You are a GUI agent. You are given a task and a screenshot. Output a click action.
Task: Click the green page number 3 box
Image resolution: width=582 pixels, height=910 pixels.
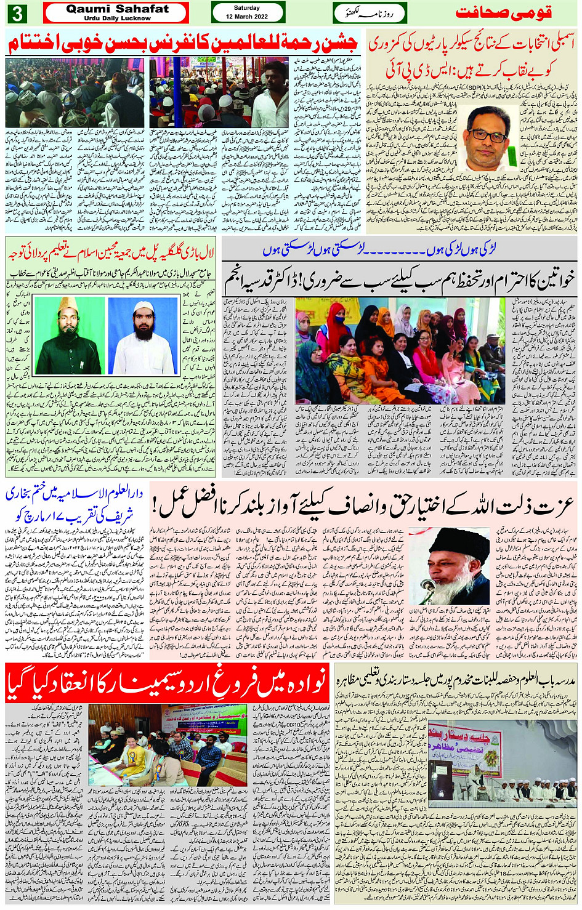(17, 13)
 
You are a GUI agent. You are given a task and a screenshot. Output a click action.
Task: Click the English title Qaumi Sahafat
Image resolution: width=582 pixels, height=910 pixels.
(117, 9)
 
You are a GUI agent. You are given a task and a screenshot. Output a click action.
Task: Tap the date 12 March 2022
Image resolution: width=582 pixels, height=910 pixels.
(247, 17)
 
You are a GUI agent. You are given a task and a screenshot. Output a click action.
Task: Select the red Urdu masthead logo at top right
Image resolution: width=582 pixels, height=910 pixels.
(504, 13)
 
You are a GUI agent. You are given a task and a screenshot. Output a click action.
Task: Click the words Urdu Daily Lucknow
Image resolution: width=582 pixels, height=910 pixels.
(117, 18)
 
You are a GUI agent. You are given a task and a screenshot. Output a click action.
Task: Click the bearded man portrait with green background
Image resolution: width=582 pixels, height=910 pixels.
(68, 336)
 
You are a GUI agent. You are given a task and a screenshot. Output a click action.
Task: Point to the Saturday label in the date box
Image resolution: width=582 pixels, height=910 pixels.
(247, 8)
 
